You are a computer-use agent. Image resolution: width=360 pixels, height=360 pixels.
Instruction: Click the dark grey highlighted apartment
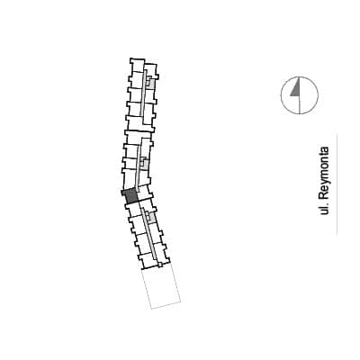(x=130, y=196)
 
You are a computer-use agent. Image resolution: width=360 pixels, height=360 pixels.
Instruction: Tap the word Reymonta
(x=324, y=174)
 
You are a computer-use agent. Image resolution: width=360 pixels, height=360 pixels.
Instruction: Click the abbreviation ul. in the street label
(x=324, y=210)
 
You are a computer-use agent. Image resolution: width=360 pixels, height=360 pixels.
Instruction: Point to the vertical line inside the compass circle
(x=300, y=95)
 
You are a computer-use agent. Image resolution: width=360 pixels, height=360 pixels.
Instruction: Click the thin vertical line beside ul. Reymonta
(x=337, y=184)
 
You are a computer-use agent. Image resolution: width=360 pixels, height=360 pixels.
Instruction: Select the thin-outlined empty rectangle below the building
(x=161, y=286)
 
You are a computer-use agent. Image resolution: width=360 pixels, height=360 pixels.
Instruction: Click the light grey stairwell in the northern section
(x=151, y=83)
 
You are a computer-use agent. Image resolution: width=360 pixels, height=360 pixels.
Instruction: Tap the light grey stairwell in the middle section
(x=145, y=164)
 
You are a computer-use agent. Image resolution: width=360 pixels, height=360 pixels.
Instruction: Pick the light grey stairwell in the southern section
(x=152, y=219)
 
